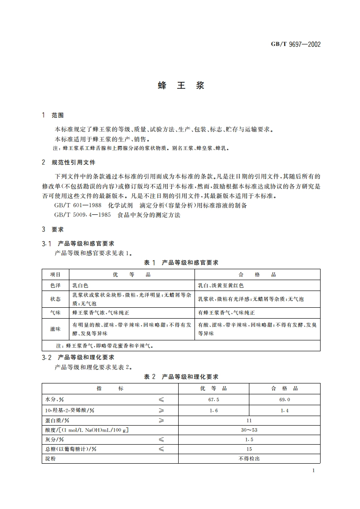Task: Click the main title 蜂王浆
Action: [x=181, y=86]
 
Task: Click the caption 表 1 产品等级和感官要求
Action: [x=181, y=262]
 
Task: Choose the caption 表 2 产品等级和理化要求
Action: [x=181, y=377]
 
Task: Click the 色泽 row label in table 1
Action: [x=55, y=286]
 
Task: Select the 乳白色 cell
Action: [x=83, y=286]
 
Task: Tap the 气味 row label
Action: [x=55, y=313]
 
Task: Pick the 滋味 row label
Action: [x=55, y=329]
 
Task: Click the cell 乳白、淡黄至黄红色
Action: [x=221, y=286]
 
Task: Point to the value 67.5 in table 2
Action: [x=213, y=399]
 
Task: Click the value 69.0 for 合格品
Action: [x=284, y=399]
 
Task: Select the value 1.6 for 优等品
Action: [x=213, y=410]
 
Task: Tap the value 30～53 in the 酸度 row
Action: [x=249, y=430]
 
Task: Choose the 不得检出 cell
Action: [x=249, y=458]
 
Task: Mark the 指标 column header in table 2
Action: [x=109, y=388]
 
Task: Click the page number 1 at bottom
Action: [x=313, y=471]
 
